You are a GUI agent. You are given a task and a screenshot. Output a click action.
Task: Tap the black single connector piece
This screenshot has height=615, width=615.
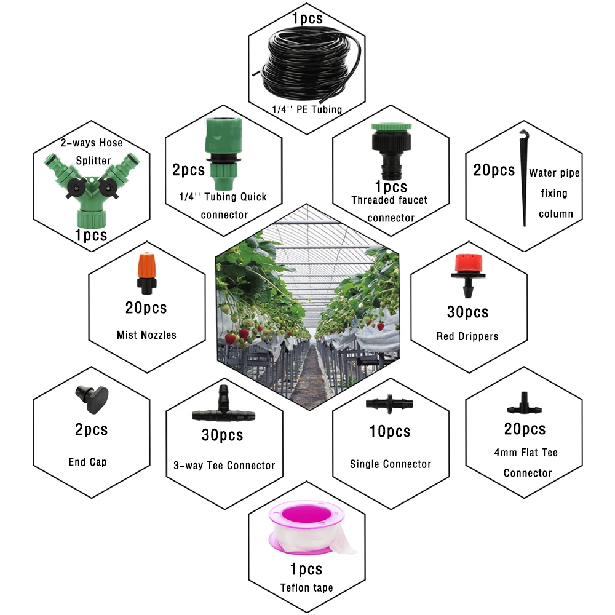pyautogui.click(x=389, y=403)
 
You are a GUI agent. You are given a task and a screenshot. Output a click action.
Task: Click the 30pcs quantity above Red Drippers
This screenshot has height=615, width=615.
pyautogui.click(x=467, y=312)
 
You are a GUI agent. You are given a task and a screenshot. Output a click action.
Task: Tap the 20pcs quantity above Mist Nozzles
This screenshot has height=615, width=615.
pyautogui.click(x=145, y=307)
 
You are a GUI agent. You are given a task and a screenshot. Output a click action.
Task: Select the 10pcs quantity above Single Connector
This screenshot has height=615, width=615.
pyautogui.click(x=389, y=431)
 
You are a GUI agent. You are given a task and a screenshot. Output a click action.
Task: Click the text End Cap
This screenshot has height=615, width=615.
pyautogui.click(x=87, y=462)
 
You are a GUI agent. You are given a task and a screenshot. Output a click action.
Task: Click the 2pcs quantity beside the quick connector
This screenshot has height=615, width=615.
pyautogui.click(x=188, y=170)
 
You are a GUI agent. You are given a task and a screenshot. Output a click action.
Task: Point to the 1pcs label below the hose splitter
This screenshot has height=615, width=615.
pyautogui.click(x=90, y=234)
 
